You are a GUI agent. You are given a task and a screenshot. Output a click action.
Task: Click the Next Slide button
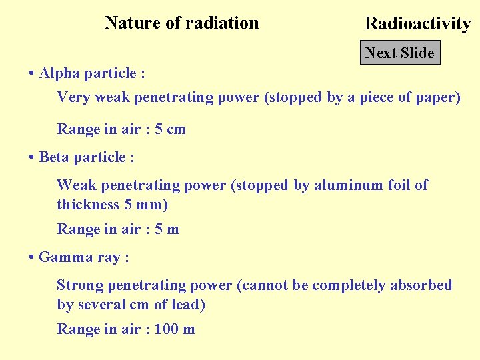pos(400,53)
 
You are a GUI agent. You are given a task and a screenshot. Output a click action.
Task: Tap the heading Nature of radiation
pos(181,23)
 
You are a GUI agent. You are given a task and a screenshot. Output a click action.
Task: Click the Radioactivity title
pos(417,24)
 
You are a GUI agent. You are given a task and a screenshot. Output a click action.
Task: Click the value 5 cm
pos(170,129)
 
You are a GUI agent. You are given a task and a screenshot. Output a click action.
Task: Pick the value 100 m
pos(175,329)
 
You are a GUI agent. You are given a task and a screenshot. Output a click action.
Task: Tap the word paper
pos(436,97)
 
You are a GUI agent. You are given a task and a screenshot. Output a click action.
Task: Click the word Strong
pos(80,286)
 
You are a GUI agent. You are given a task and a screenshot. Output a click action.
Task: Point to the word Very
pos(73,97)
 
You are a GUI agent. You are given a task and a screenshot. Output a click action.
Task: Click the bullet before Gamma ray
pos(31,258)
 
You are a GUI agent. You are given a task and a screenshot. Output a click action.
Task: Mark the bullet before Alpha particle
pos(31,73)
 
